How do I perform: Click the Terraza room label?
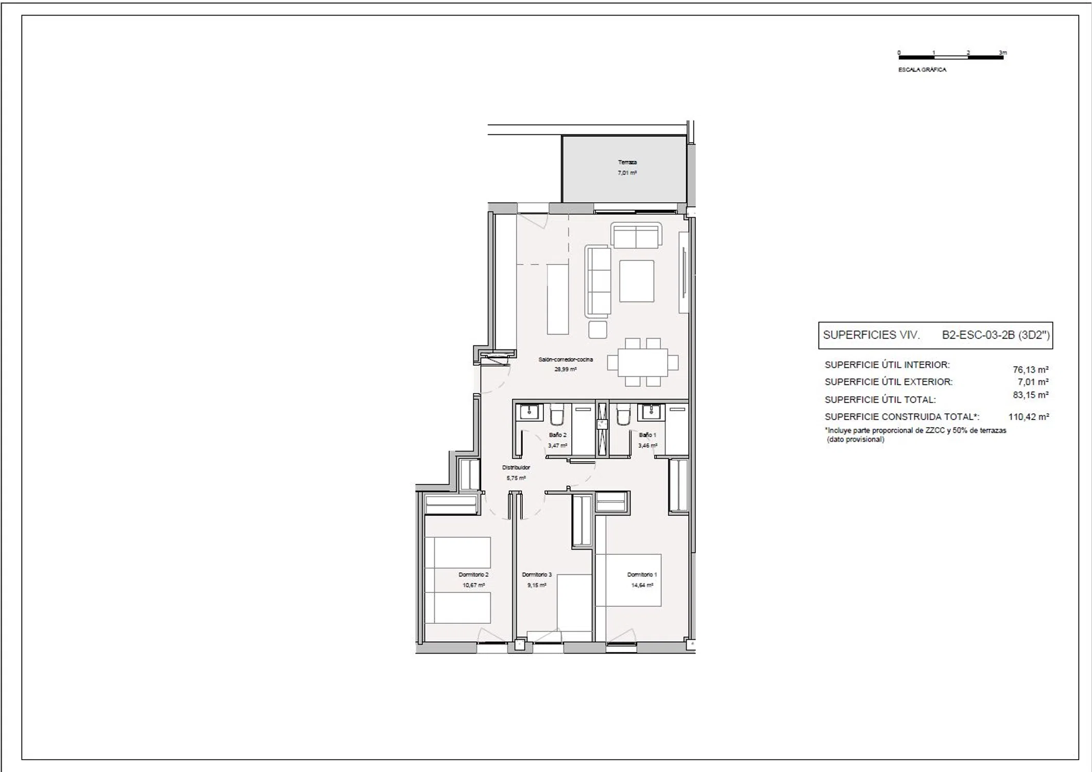[x=627, y=162]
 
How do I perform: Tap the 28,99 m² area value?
[x=566, y=369]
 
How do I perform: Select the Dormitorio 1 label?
[x=642, y=574]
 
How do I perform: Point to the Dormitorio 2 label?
[x=473, y=574]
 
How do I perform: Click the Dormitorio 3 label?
[x=537, y=574]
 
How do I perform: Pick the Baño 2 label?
[x=558, y=435]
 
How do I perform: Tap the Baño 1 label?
[x=647, y=435]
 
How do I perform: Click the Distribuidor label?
[x=516, y=467]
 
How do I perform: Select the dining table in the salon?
[x=643, y=362]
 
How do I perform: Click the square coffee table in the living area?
[x=637, y=281]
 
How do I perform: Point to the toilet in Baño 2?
[x=557, y=414]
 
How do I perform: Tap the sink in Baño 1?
[x=651, y=412]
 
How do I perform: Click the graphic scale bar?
[x=951, y=57]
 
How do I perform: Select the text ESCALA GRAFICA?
[x=922, y=69]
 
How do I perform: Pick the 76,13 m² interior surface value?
[x=1031, y=370]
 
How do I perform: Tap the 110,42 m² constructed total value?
[x=1029, y=417]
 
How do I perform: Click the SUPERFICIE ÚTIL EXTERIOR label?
[x=889, y=382]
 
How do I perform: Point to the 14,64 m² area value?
[x=642, y=585]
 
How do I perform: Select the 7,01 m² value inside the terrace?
[x=627, y=173]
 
